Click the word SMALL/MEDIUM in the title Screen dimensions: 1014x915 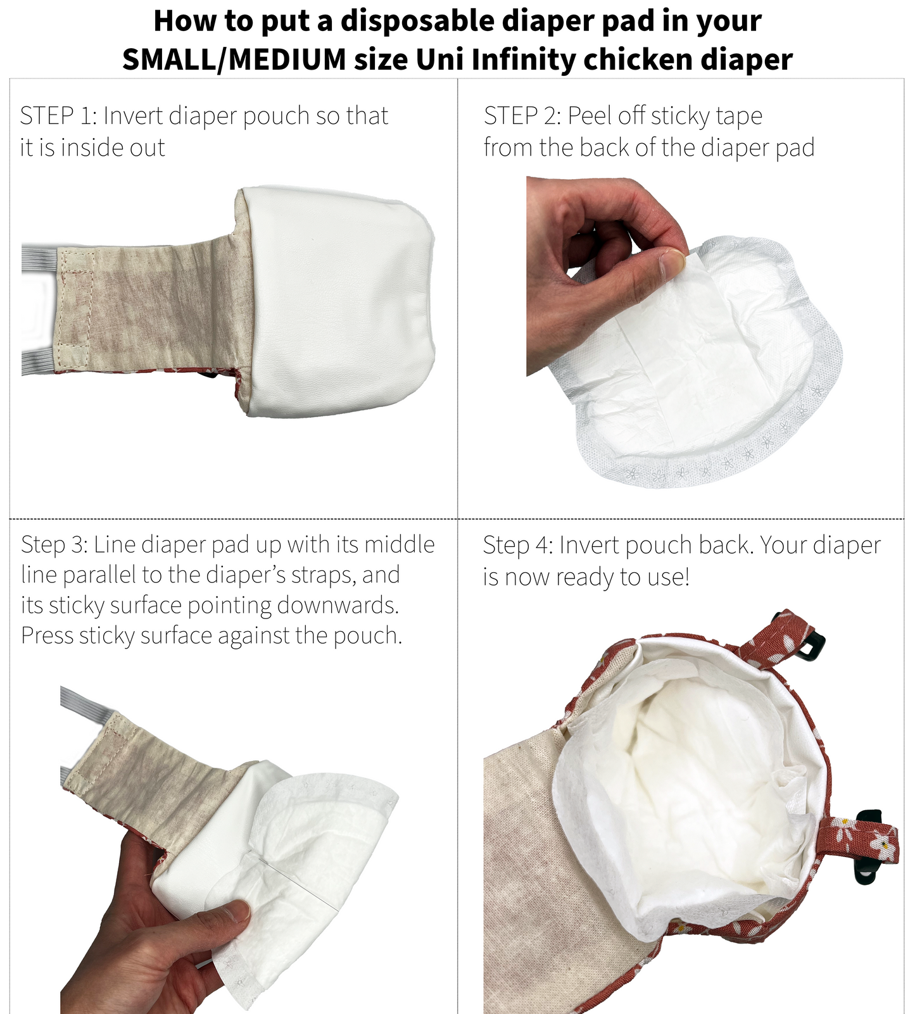234,60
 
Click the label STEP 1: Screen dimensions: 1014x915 57,116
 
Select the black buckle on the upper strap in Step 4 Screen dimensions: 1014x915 812,644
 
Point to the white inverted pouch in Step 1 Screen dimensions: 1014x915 342,304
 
